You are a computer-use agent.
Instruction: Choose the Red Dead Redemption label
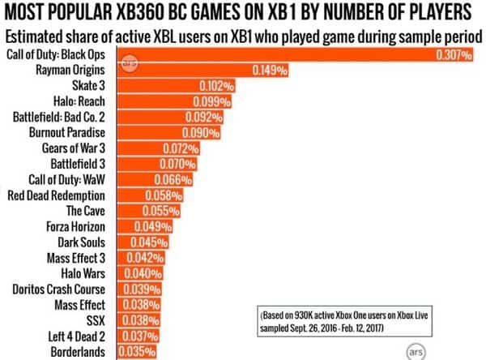click(x=56, y=195)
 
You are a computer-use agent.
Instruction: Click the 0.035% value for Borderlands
click(x=135, y=352)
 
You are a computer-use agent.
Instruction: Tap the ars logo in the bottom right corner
click(x=416, y=351)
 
